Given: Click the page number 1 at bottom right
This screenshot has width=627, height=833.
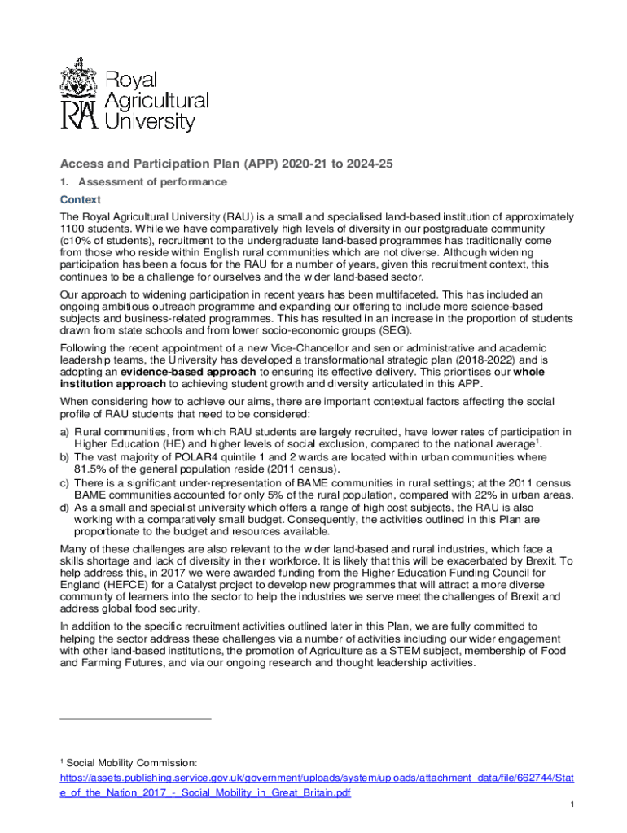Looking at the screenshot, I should point(573,805).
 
